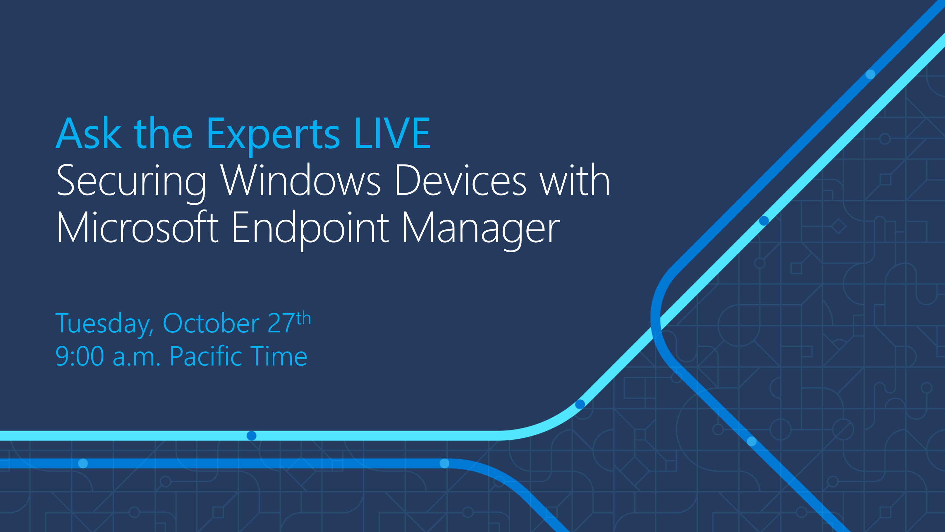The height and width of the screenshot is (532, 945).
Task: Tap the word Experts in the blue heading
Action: (273, 135)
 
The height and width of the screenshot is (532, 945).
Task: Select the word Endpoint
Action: (310, 228)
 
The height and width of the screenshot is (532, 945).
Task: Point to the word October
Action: (211, 324)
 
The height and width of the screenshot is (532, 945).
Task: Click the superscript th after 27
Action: (303, 318)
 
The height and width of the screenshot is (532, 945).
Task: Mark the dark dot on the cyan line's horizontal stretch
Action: (251, 435)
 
